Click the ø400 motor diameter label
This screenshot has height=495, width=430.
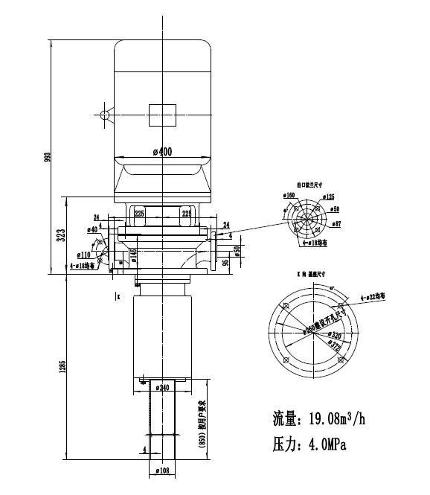[162, 152]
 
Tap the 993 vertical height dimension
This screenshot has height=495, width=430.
[48, 156]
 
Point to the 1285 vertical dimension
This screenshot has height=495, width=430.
[62, 367]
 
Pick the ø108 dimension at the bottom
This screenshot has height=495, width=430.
[161, 470]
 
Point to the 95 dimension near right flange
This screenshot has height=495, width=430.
[225, 261]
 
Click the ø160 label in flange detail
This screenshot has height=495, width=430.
[289, 195]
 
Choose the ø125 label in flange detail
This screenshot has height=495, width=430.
[328, 198]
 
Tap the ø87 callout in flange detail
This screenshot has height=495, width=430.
[336, 223]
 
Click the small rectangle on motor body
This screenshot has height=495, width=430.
[162, 115]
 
